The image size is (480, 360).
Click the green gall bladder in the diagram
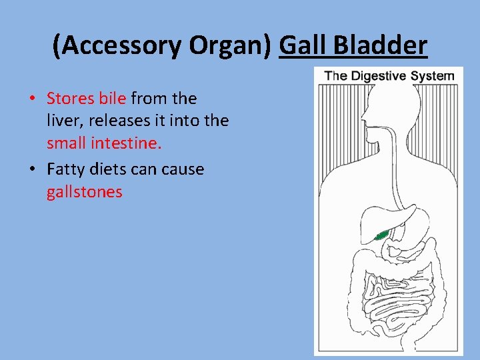[382, 235]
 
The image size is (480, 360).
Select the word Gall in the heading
[303, 45]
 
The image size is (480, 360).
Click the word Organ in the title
[232, 45]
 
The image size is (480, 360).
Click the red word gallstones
[85, 193]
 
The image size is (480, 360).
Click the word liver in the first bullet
[62, 121]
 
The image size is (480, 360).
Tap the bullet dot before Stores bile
[32, 99]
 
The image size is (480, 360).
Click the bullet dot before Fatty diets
[32, 170]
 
